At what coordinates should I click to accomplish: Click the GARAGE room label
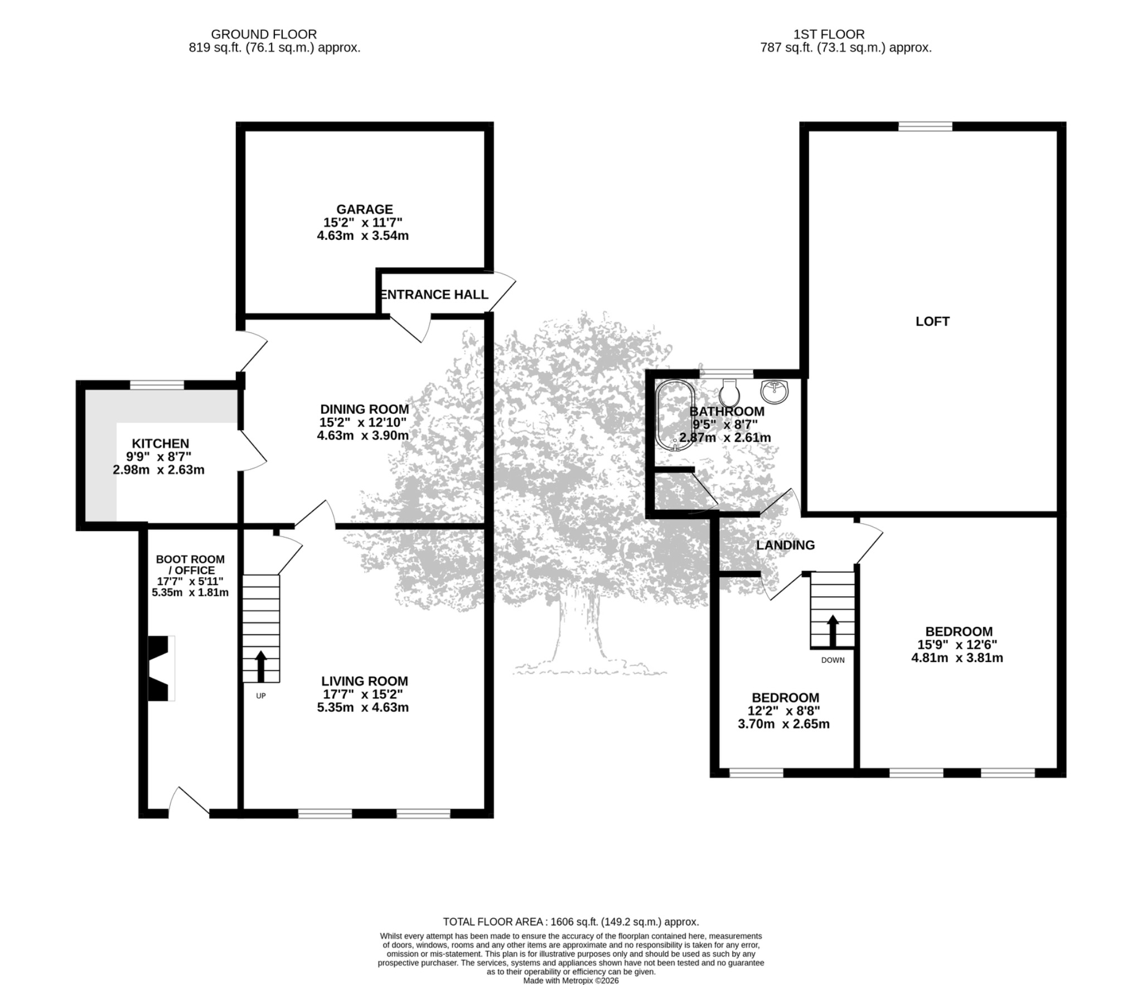364,209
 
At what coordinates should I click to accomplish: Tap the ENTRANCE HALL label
434,294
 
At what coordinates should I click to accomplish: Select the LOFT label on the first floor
932,321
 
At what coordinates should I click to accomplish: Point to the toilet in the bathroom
729,393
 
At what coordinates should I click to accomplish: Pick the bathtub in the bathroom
675,414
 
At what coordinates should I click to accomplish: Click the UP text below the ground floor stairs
260,696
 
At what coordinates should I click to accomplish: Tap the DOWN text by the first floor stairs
833,660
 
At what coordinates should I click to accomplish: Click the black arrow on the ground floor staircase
261,666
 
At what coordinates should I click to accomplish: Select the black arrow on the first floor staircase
833,630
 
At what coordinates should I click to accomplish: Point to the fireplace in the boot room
161,668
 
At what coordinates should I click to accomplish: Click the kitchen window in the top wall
157,385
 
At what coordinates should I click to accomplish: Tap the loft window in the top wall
926,127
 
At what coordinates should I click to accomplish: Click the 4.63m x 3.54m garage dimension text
363,235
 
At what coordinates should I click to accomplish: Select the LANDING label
785,545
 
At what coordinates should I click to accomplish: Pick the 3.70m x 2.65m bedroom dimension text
783,724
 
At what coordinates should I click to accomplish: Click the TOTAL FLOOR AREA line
571,922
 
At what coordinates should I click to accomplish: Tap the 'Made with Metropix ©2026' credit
571,980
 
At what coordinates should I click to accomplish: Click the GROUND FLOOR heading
264,34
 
